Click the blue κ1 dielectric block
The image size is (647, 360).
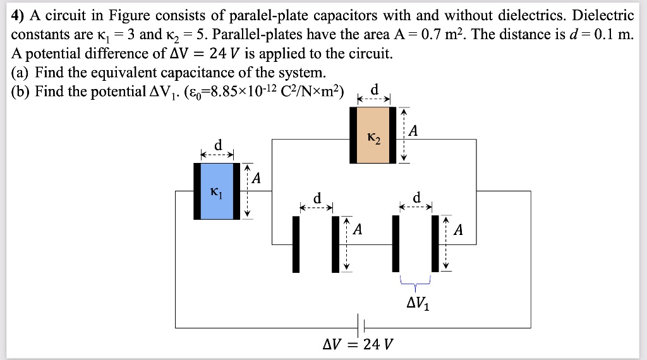pyautogui.click(x=217, y=191)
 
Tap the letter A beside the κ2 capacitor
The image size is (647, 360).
pyautogui.click(x=413, y=131)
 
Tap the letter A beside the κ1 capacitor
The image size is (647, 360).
pyautogui.click(x=256, y=179)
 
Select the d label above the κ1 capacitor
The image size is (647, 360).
pyautogui.click(x=218, y=146)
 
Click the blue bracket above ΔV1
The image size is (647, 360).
pyautogui.click(x=414, y=282)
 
